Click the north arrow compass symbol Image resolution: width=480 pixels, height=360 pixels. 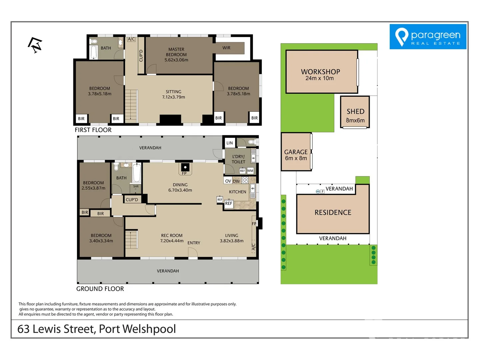(35, 45)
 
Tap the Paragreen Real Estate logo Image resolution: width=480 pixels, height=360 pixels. (428, 37)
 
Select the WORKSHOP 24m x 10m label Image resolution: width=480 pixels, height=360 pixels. (320, 75)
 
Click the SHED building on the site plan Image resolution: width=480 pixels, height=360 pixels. (355, 112)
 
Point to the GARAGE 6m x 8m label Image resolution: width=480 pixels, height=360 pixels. (296, 155)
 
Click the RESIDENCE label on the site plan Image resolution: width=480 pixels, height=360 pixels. (333, 213)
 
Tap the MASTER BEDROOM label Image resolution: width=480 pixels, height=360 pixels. (176, 54)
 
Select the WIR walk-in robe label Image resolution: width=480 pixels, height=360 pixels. (226, 48)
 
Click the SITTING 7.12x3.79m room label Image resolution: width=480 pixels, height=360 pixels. (173, 94)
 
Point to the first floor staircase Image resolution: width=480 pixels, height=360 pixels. (131, 105)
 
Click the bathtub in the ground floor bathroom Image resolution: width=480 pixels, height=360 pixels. (137, 172)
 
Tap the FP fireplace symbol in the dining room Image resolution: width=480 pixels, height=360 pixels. (185, 168)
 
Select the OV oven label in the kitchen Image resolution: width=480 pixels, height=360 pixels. (228, 181)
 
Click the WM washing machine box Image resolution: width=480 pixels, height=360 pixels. (250, 171)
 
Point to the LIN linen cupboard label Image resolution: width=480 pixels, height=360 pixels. (230, 143)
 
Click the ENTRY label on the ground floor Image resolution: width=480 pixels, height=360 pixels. (194, 243)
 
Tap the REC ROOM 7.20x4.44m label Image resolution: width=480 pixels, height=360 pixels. (172, 238)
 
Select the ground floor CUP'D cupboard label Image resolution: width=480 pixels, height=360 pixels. (132, 200)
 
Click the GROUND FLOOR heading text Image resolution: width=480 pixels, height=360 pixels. (100, 289)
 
